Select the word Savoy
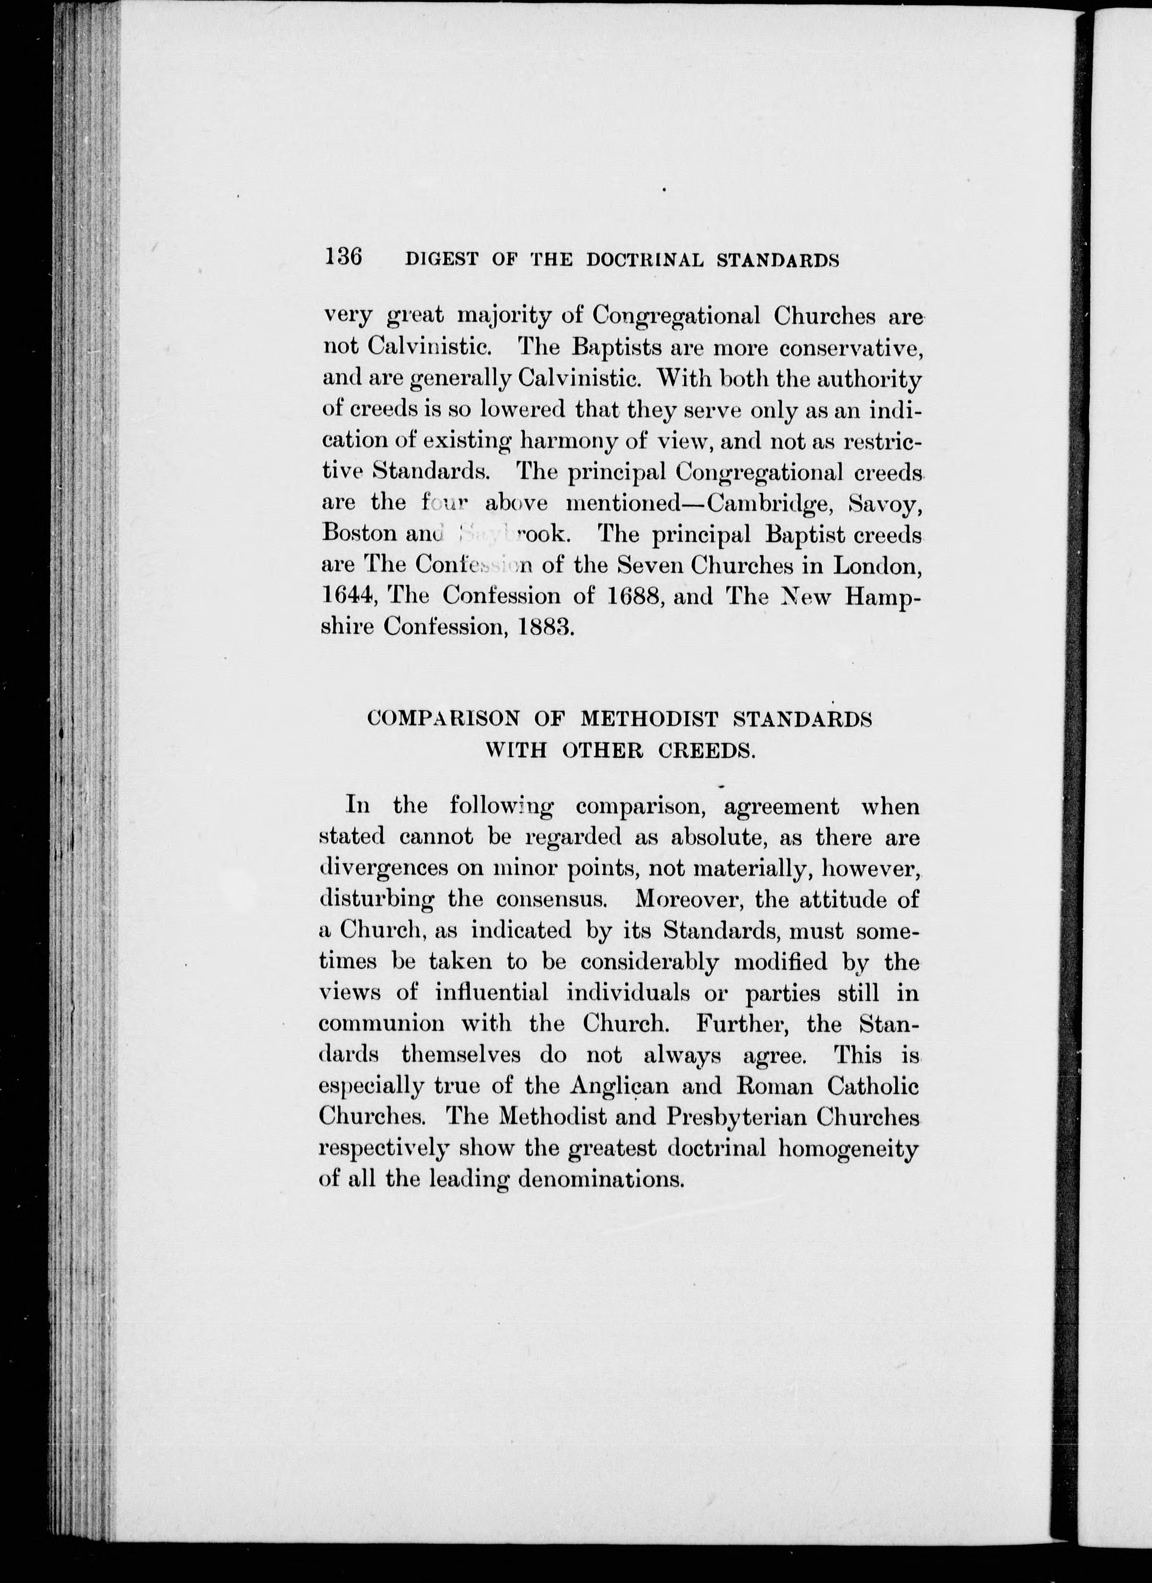(x=892, y=503)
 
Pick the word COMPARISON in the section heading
(x=444, y=719)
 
